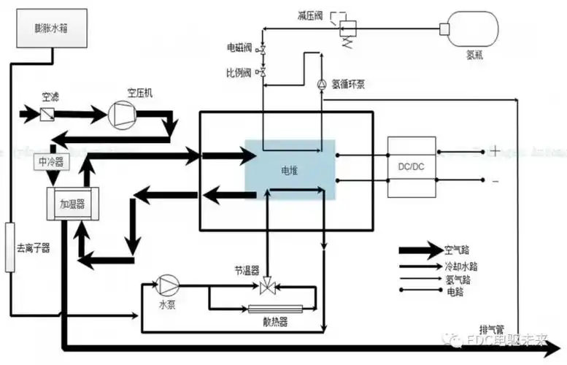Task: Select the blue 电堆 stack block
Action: pos(290,170)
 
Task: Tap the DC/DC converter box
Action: pos(412,166)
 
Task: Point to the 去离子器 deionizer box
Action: pos(9,247)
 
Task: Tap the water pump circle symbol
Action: pos(168,284)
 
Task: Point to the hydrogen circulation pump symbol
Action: pos(321,85)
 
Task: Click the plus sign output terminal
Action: pos(495,152)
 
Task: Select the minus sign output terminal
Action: pos(495,180)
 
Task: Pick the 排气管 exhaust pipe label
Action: pos(490,328)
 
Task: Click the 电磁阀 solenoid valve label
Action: pos(239,48)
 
